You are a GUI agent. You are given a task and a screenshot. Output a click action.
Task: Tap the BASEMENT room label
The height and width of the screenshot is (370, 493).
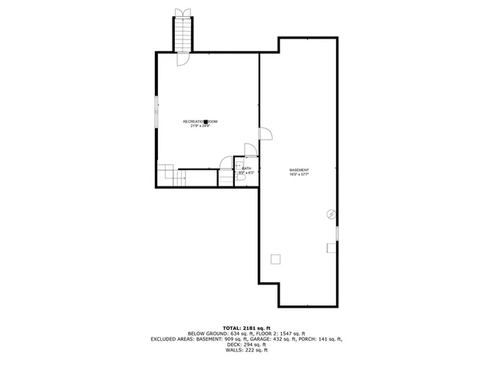[x=299, y=170]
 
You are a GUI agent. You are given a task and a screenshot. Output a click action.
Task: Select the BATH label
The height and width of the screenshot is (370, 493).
[x=246, y=168]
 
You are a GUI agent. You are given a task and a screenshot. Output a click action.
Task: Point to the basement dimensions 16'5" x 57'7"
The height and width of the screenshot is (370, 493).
[x=299, y=175]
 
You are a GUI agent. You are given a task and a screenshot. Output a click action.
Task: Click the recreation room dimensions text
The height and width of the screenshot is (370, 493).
[x=200, y=126]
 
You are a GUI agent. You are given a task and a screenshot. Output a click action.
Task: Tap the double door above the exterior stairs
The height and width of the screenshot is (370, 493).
[x=183, y=11]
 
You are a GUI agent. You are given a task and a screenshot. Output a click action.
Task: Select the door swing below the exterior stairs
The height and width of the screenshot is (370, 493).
[x=183, y=59]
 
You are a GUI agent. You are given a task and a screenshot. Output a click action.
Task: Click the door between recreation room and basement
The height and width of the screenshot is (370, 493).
[x=265, y=134]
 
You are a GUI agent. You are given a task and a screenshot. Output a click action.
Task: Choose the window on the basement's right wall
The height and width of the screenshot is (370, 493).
[x=337, y=232]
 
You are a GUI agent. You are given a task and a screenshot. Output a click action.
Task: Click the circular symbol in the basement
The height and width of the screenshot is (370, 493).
[x=331, y=214]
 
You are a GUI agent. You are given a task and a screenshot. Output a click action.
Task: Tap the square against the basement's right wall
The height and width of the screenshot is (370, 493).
[x=332, y=247]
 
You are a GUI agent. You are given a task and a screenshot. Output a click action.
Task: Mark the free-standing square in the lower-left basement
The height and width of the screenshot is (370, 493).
[x=276, y=259]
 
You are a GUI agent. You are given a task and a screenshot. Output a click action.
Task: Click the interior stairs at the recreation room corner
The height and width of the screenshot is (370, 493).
[x=169, y=175]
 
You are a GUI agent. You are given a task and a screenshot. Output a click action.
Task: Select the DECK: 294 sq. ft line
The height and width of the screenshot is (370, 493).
[x=246, y=345]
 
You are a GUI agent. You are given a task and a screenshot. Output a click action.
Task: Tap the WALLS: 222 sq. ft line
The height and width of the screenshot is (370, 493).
[x=246, y=351]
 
